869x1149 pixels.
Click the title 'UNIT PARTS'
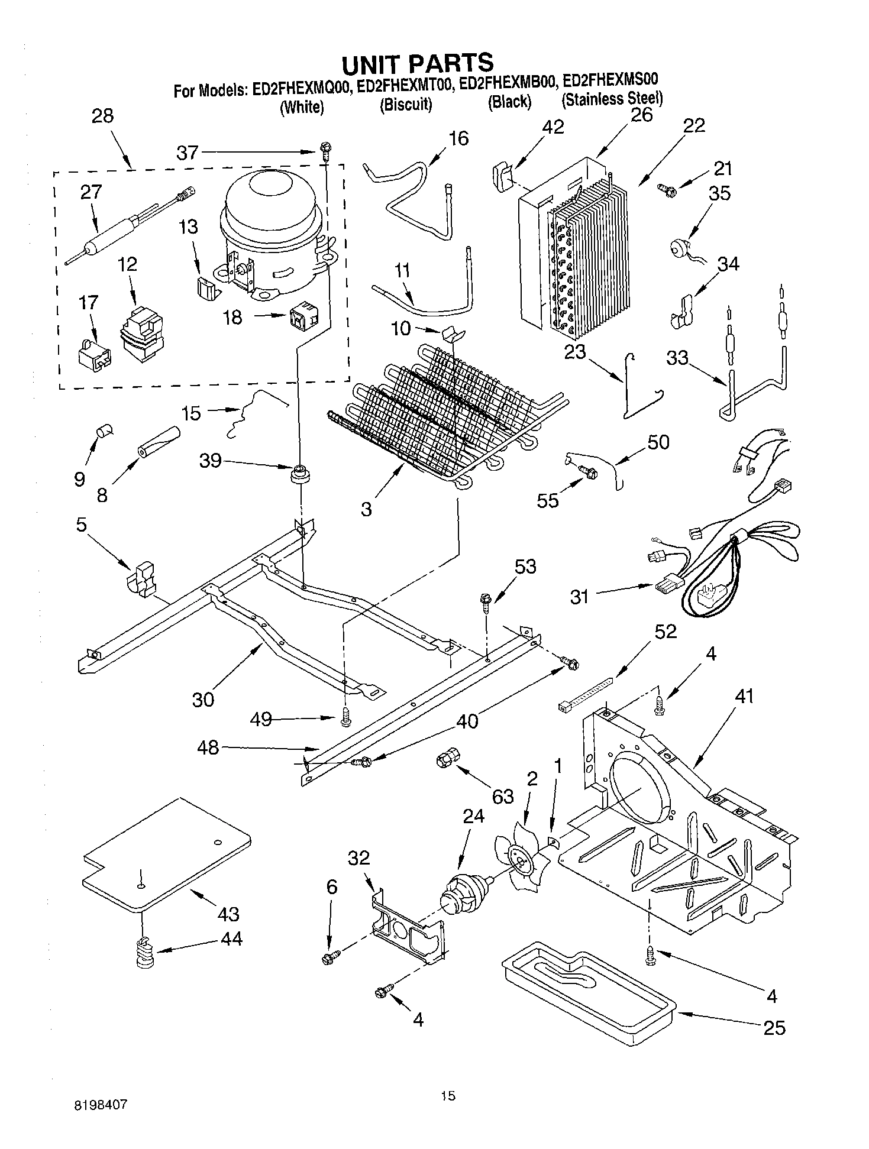click(416, 62)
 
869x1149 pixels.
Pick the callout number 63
click(503, 797)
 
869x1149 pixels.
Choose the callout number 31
click(580, 597)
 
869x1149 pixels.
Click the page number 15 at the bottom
click(448, 1096)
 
